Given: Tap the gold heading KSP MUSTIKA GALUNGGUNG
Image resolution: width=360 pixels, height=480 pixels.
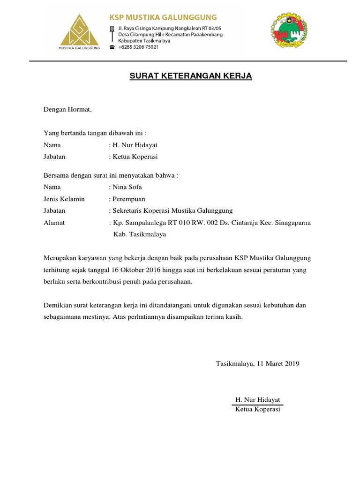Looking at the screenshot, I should pyautogui.click(x=163, y=18).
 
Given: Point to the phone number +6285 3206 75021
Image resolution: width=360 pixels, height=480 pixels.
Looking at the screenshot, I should pyautogui.click(x=138, y=47).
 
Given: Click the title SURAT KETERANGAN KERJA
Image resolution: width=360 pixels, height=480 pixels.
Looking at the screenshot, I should pyautogui.click(x=191, y=76).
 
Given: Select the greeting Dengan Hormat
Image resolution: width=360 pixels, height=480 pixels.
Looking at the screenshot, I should pyautogui.click(x=68, y=110).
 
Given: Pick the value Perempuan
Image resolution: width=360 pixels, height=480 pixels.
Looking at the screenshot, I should pyautogui.click(x=128, y=199).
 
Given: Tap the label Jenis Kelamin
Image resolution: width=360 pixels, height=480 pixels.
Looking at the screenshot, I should pyautogui.click(x=64, y=199).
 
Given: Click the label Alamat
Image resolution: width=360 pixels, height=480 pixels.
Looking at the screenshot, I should pyautogui.click(x=54, y=223).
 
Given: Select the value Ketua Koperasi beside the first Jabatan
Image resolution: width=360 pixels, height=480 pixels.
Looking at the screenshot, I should pyautogui.click(x=135, y=157).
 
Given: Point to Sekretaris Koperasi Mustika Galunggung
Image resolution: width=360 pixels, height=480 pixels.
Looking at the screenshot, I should pyautogui.click(x=172, y=210).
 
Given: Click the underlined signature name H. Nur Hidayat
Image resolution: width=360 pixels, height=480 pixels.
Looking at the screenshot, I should pyautogui.click(x=258, y=400).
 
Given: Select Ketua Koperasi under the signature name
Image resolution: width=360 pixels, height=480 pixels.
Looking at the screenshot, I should pyautogui.click(x=258, y=409).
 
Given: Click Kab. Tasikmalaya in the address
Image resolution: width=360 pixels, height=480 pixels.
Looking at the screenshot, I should pyautogui.click(x=140, y=234).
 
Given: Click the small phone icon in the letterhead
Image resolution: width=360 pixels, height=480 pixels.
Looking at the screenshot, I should pyautogui.click(x=112, y=47).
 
